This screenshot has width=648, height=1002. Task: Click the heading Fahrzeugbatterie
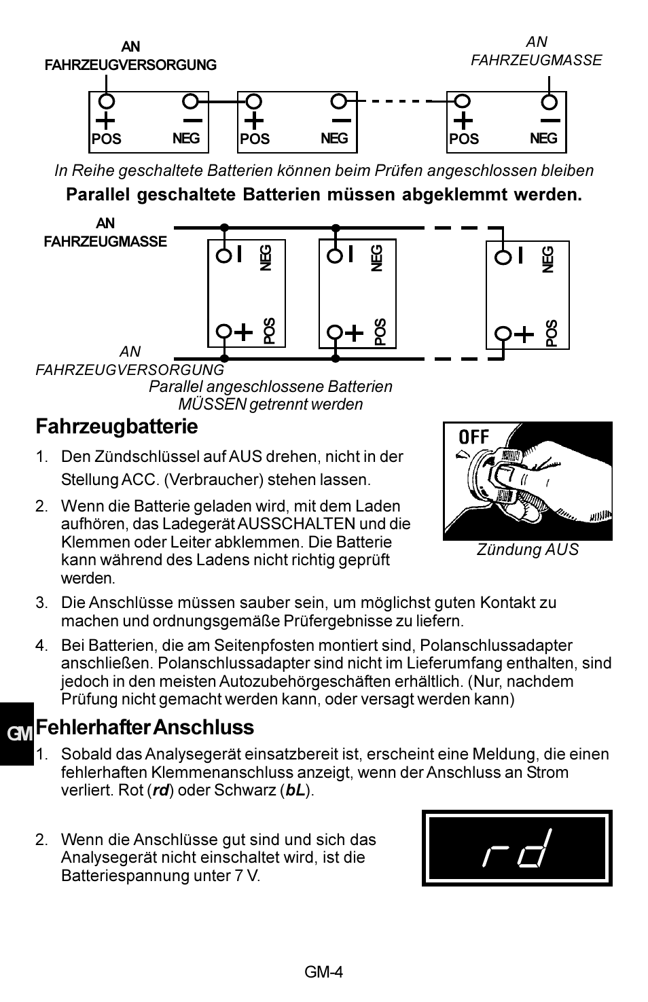(x=117, y=427)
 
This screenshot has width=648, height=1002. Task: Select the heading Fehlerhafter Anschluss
(x=145, y=727)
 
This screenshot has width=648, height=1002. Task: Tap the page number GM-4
(x=323, y=971)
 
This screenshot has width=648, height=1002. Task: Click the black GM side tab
(x=17, y=734)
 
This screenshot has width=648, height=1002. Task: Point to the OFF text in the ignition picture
(x=473, y=437)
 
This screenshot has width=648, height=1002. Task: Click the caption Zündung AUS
(x=527, y=550)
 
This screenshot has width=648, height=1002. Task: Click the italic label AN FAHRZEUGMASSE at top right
(x=536, y=51)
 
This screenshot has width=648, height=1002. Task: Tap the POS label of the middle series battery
(x=255, y=139)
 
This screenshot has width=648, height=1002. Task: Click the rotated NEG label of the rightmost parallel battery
(x=549, y=260)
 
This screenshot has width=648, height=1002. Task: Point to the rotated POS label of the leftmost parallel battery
(x=270, y=331)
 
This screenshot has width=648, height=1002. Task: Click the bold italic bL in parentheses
(x=295, y=791)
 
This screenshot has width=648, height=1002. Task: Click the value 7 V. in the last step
(x=247, y=875)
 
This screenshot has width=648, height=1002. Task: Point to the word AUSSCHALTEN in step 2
(x=295, y=524)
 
